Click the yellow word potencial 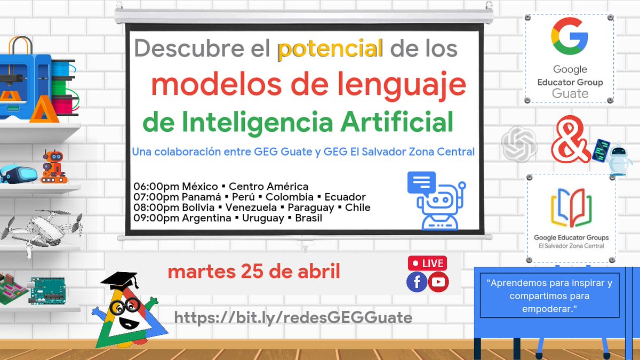(330, 49)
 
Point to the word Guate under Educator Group (570, 93)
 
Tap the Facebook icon (417, 282)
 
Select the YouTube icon (438, 282)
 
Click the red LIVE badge (427, 263)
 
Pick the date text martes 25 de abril (254, 271)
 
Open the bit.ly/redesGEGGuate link (293, 318)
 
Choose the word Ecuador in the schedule (345, 197)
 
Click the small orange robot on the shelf (53, 165)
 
